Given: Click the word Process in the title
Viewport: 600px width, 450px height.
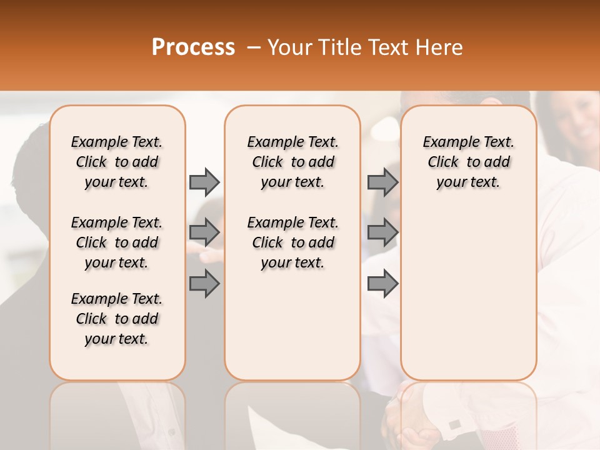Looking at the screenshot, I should point(193,47).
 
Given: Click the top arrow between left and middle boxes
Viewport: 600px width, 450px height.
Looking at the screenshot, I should point(204,182).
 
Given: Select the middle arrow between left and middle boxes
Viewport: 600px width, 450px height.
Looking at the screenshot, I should point(204,232).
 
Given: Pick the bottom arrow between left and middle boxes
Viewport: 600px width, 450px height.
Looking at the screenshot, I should point(204,284).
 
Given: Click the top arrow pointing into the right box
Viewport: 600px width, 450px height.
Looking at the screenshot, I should point(382,182).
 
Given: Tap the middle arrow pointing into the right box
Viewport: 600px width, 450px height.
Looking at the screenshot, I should point(382,232).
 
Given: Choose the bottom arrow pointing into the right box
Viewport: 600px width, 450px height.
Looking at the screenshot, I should point(382,284).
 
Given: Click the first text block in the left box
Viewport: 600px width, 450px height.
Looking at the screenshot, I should point(117,162).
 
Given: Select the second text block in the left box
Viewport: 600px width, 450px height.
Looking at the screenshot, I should point(117,242).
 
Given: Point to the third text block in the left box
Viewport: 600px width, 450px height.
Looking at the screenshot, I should point(117,319).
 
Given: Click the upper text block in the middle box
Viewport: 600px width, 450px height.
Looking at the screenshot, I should point(293,162).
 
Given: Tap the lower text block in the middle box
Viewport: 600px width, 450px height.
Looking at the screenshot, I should point(293,242).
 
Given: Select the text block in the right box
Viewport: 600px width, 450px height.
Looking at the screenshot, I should point(469,162).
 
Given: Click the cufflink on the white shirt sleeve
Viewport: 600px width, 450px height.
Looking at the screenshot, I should point(455,424).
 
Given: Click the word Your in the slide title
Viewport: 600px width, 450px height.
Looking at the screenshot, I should point(288,47).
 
